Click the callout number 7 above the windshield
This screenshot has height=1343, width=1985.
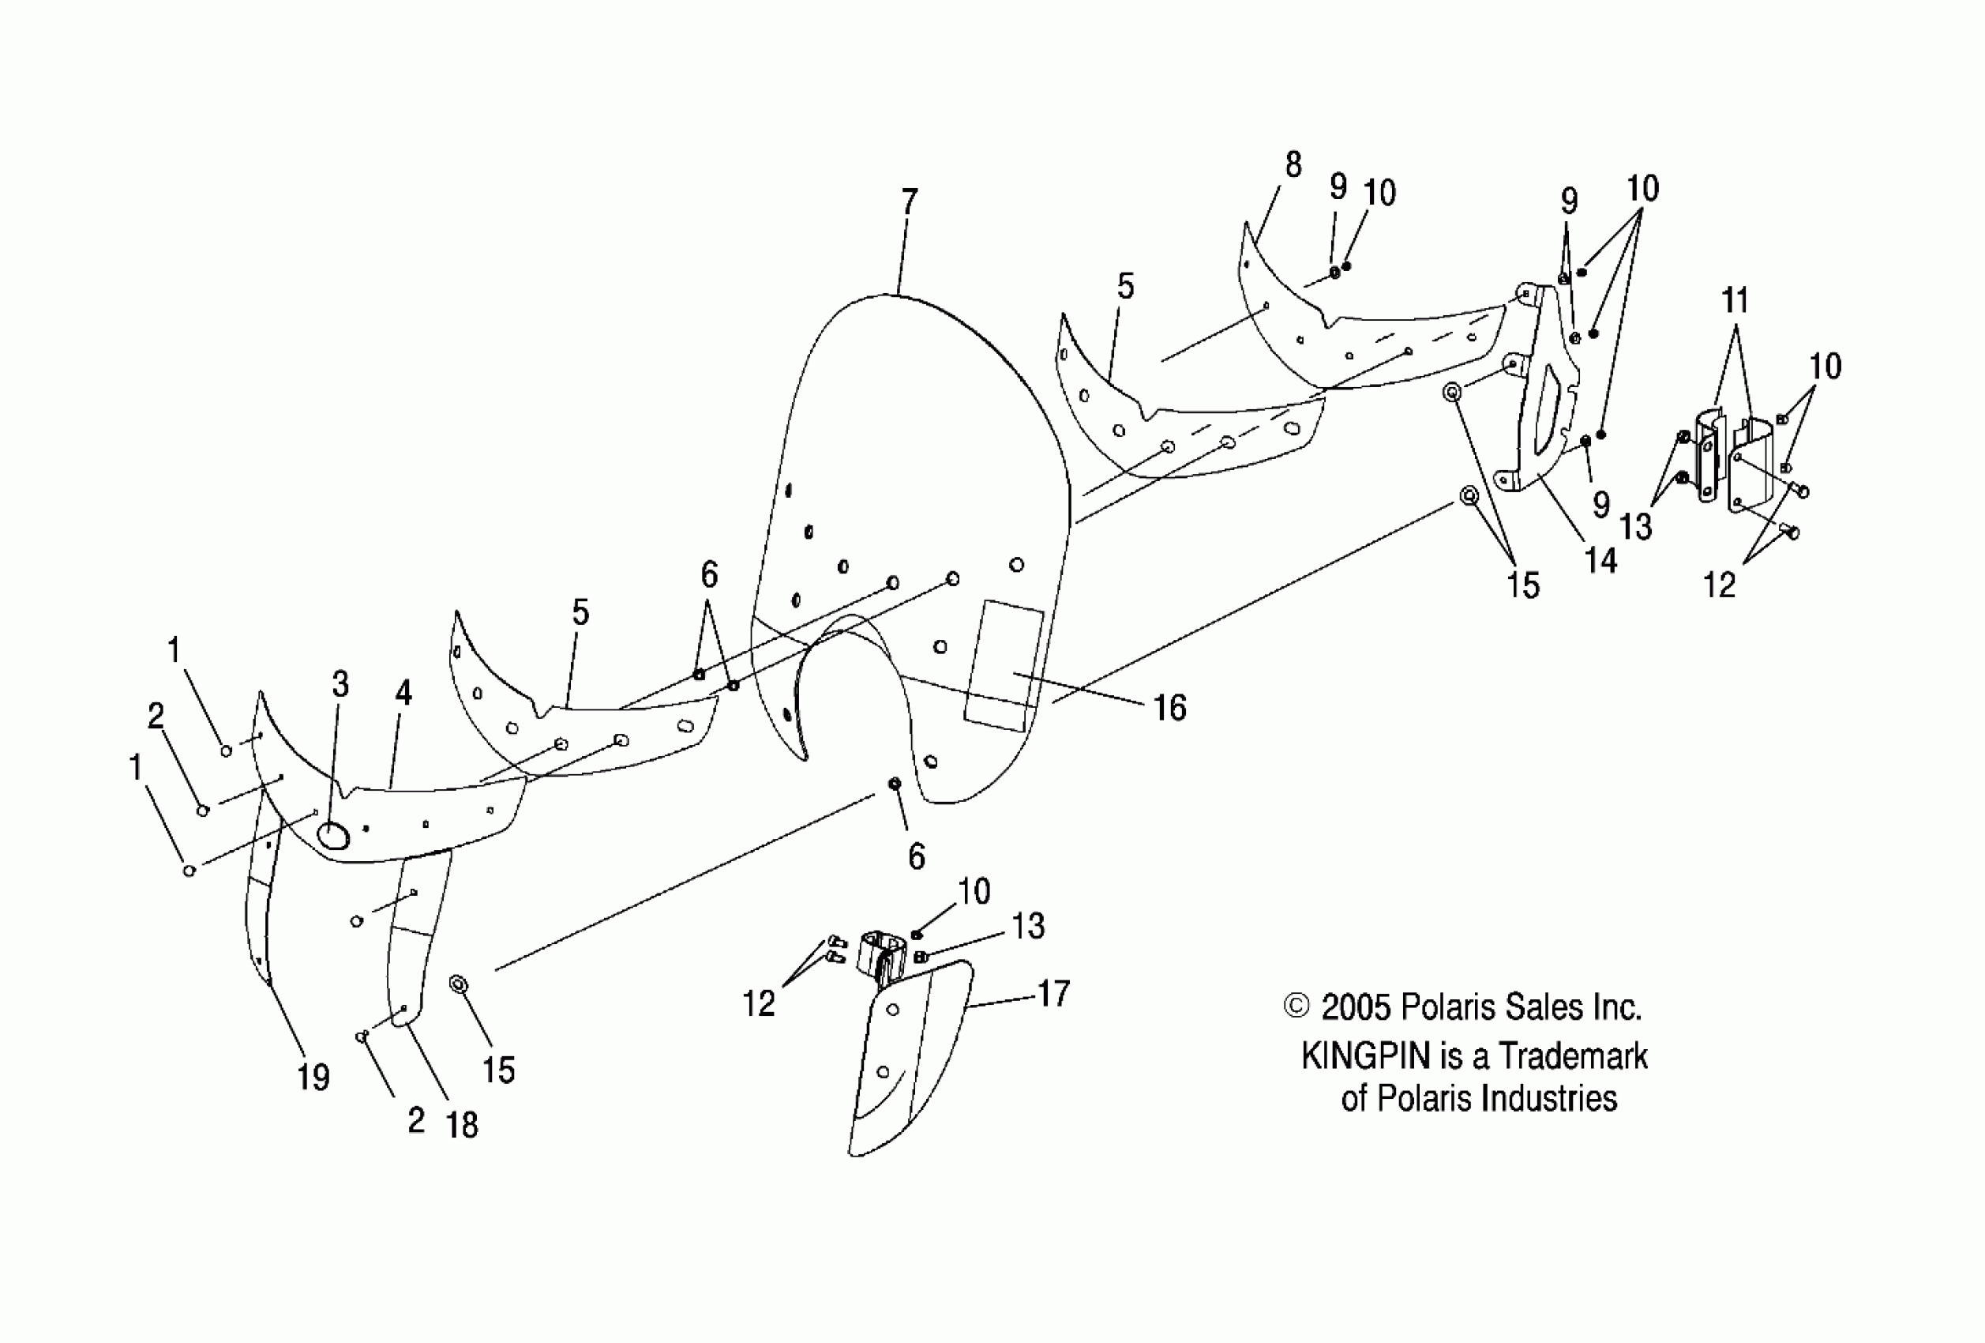[909, 202]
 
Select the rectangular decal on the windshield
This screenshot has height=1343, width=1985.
[1004, 664]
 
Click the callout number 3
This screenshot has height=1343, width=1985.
[340, 683]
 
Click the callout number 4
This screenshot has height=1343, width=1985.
[403, 693]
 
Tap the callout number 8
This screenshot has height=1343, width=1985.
[1293, 164]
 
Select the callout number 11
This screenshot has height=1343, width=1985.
[1735, 301]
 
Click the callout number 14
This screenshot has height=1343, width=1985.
[1600, 560]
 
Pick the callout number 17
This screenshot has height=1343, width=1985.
[1053, 993]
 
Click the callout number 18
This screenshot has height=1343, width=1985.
[462, 1124]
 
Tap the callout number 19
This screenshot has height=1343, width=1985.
[313, 1078]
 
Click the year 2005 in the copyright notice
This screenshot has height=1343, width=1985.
[1356, 1008]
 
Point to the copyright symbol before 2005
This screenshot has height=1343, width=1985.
[1296, 1006]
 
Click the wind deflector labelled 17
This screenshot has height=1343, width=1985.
[910, 1059]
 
